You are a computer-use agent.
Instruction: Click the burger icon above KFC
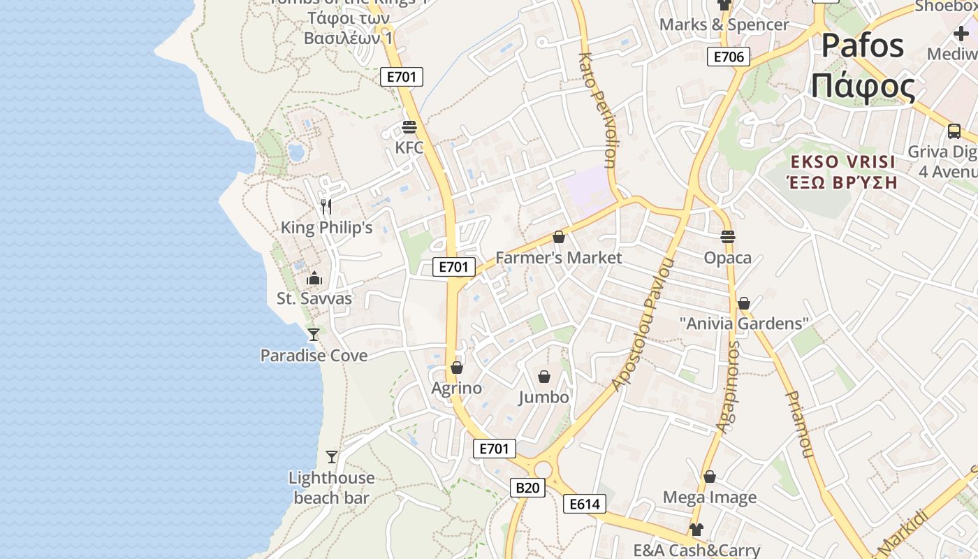pyautogui.click(x=409, y=127)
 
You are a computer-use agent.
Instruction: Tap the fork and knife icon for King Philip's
pyautogui.click(x=326, y=206)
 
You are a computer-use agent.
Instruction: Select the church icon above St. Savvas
pyautogui.click(x=314, y=278)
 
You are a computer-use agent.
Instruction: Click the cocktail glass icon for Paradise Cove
pyautogui.click(x=314, y=335)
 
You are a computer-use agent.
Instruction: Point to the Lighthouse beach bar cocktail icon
pyautogui.click(x=332, y=457)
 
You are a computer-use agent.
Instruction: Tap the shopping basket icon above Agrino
pyautogui.click(x=457, y=368)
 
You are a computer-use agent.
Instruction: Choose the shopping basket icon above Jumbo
pyautogui.click(x=544, y=377)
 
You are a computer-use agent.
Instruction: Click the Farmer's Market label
pyautogui.click(x=558, y=258)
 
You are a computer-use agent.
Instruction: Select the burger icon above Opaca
pyautogui.click(x=728, y=237)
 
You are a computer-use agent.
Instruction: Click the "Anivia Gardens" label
pyautogui.click(x=744, y=324)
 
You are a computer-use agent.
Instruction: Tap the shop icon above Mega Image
pyautogui.click(x=710, y=477)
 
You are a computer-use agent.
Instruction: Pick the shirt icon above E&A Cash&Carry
pyautogui.click(x=696, y=530)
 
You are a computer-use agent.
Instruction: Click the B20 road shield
pyautogui.click(x=527, y=487)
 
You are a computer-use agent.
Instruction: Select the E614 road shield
pyautogui.click(x=585, y=504)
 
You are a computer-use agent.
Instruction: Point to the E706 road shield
pyautogui.click(x=729, y=57)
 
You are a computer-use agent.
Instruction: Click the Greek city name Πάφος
pyautogui.click(x=862, y=87)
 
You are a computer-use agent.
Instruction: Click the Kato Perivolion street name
pyautogui.click(x=597, y=110)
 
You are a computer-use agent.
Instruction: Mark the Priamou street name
pyautogui.click(x=800, y=424)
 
